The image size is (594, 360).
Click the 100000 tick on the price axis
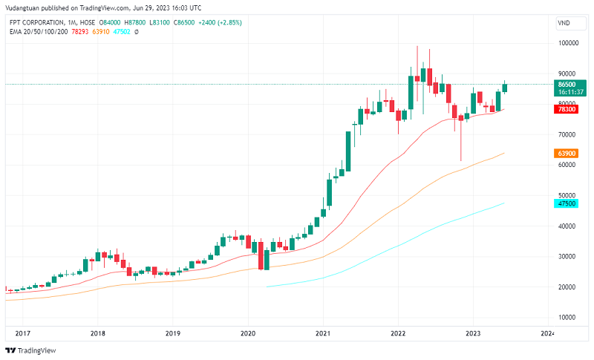(x=569, y=43)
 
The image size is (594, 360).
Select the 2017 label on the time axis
(x=22, y=334)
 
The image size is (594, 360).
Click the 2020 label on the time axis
(x=248, y=334)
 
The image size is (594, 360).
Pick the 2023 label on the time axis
(x=473, y=334)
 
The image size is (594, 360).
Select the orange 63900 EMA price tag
(x=567, y=153)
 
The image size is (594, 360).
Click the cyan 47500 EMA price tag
(x=567, y=203)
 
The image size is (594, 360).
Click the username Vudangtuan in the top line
(x=25, y=7)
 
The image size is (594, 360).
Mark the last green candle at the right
(x=505, y=87)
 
